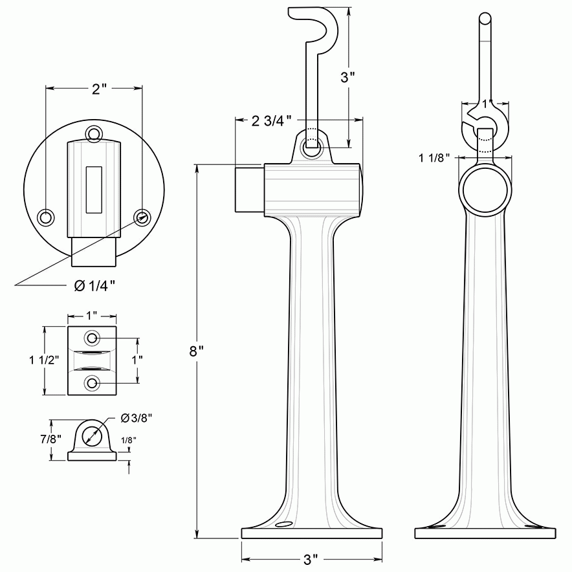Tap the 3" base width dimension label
[x=311, y=558]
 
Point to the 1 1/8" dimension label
[x=435, y=157]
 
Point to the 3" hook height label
[x=348, y=77]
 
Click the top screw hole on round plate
[x=94, y=134]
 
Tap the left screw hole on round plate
[x=46, y=215]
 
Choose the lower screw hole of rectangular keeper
[x=93, y=383]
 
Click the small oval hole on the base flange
[x=283, y=525]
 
